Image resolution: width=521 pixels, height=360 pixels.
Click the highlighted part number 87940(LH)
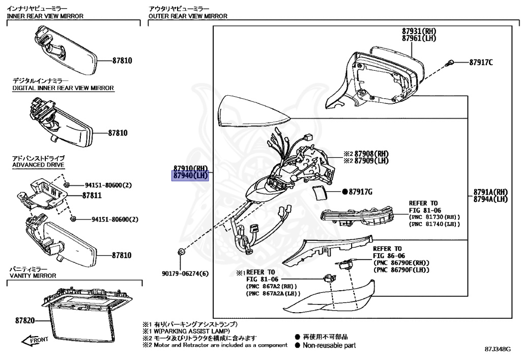(191, 176)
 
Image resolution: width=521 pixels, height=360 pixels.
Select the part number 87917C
(481, 63)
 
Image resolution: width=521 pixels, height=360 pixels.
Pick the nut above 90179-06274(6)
(181, 252)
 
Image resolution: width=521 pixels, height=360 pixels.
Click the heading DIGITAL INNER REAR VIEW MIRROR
(63, 88)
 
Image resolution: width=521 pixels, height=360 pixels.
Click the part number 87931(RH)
(419, 32)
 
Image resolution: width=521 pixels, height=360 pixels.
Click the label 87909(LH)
(372, 160)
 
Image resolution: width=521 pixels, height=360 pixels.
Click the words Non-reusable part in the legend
(329, 345)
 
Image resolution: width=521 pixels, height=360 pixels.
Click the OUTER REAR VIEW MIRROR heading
(188, 16)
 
